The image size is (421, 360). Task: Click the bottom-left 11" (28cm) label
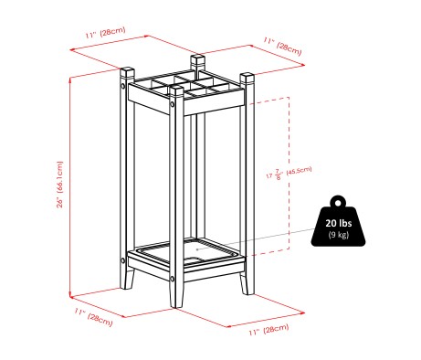click(x=94, y=316)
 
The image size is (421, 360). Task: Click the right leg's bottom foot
click(x=244, y=288)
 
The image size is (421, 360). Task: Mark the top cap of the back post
click(x=196, y=59)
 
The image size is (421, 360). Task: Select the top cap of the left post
click(x=124, y=70)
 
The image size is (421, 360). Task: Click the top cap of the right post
click(x=245, y=74)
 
